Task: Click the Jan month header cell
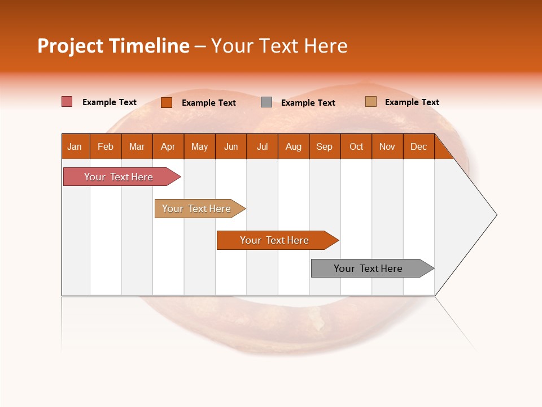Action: pyautogui.click(x=75, y=146)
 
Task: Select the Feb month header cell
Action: pyautogui.click(x=106, y=146)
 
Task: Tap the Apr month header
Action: pyautogui.click(x=168, y=146)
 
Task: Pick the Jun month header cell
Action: pyautogui.click(x=231, y=146)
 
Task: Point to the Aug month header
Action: pyautogui.click(x=294, y=146)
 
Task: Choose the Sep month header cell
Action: pyautogui.click(x=325, y=146)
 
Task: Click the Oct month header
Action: pyautogui.click(x=356, y=146)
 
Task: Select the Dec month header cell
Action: pyautogui.click(x=419, y=146)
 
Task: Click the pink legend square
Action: pyautogui.click(x=67, y=102)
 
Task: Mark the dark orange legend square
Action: pyautogui.click(x=167, y=102)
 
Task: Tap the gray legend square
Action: pyautogui.click(x=266, y=102)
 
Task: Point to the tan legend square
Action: pyautogui.click(x=370, y=102)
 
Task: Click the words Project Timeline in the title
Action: pyautogui.click(x=113, y=46)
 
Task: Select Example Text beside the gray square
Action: pyautogui.click(x=308, y=103)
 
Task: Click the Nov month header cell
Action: pyautogui.click(x=387, y=146)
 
